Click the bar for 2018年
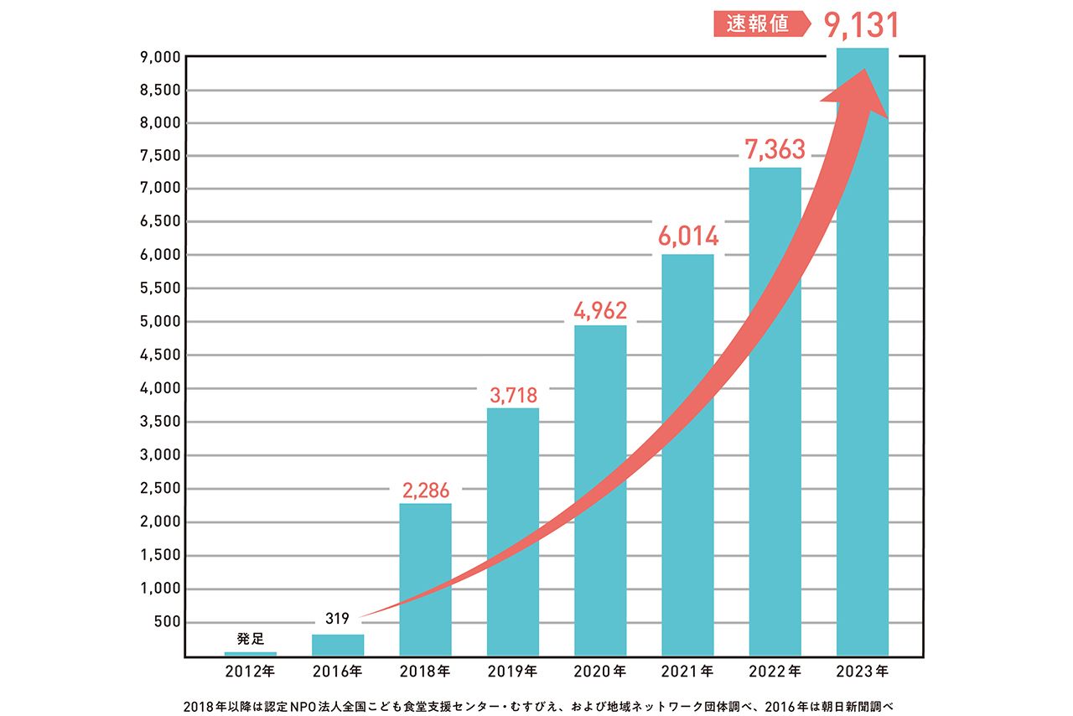point(426,579)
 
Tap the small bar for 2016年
point(338,645)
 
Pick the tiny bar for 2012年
point(251,653)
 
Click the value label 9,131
point(861,24)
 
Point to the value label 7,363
point(775,149)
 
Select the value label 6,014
point(688,236)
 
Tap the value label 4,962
point(600,309)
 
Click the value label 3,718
point(513,393)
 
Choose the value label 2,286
point(426,490)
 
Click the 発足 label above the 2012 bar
point(251,639)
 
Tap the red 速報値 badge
point(758,24)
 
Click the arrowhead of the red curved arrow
point(863,92)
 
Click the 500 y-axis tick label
point(168,622)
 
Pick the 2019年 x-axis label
point(513,672)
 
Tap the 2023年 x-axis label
point(863,672)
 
